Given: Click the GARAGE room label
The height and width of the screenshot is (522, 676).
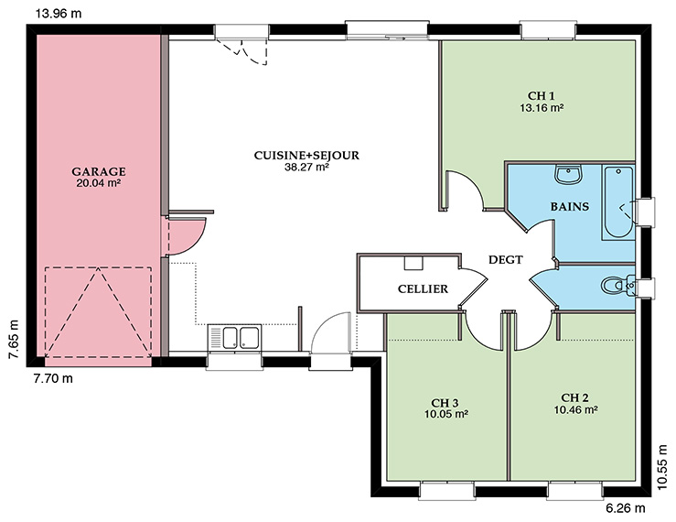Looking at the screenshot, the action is click(99, 172).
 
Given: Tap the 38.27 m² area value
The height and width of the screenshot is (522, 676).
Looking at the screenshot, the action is click(307, 168).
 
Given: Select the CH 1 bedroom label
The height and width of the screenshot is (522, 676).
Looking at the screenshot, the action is click(542, 96).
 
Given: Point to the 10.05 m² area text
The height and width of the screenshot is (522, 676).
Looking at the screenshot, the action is click(446, 414).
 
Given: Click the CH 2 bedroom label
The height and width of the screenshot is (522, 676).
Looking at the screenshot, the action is click(575, 398).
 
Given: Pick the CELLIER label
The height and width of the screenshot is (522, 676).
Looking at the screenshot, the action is click(423, 288).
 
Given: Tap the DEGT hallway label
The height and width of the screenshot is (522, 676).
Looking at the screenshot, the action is click(506, 260).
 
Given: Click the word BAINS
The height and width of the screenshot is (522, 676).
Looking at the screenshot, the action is click(570, 207).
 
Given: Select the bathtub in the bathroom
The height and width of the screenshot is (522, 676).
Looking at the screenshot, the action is click(618, 202).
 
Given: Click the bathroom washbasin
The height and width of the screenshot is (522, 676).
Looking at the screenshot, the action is click(569, 174).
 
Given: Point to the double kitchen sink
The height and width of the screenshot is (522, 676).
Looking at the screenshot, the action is click(234, 337).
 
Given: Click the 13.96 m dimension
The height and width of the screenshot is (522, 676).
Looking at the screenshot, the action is click(59, 14).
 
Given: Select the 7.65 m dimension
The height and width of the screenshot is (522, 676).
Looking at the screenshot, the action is click(14, 340).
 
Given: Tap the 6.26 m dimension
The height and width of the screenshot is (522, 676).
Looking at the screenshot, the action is click(626, 508).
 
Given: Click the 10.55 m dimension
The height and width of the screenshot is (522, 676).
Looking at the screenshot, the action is click(663, 467).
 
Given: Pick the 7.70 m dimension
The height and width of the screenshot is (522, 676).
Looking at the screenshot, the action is click(53, 378).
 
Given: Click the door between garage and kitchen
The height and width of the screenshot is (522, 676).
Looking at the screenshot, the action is click(183, 235).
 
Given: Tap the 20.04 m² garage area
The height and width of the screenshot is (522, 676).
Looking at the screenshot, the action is click(98, 183).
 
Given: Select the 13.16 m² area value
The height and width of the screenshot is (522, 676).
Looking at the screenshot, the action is click(542, 107).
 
